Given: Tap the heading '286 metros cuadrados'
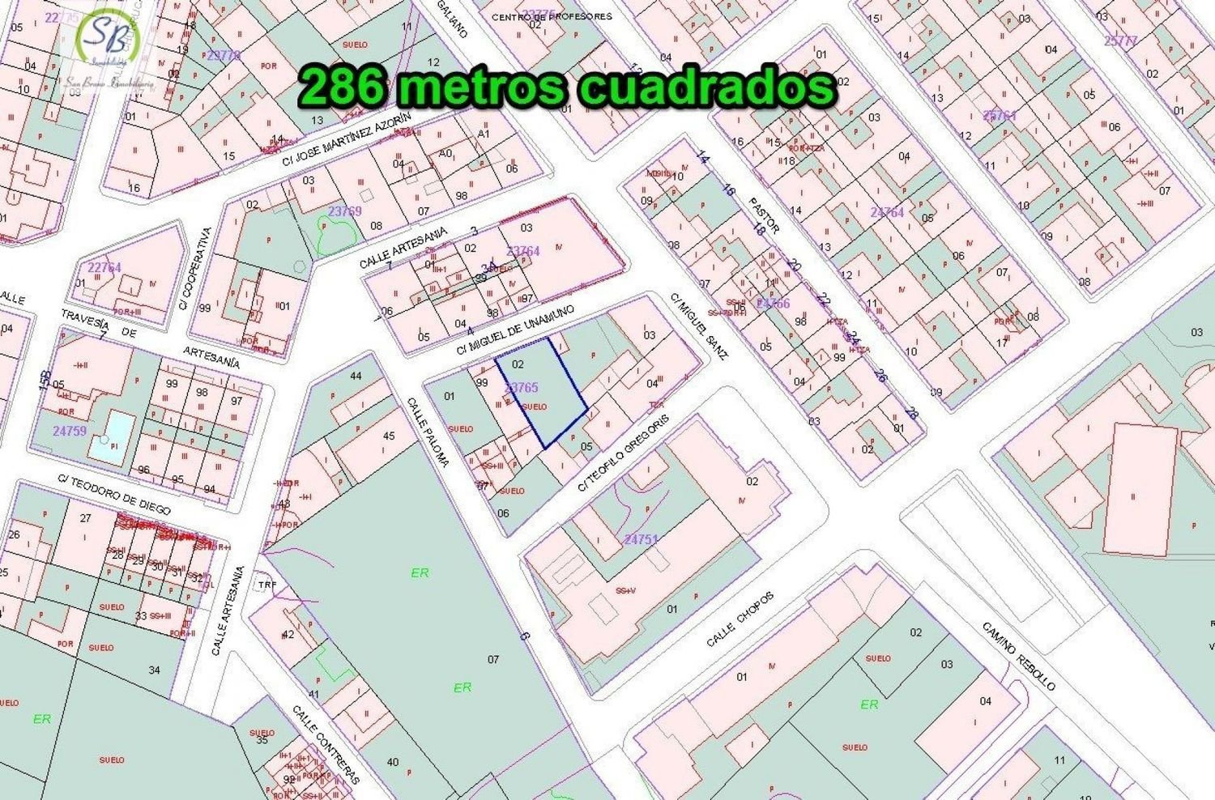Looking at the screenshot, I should coord(567,87).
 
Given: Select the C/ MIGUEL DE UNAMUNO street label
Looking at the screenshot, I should coord(515,330).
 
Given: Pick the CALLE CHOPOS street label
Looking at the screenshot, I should coord(740,619).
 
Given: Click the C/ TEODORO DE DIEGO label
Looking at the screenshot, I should coord(113,493).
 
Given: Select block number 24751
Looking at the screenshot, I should coord(642,539).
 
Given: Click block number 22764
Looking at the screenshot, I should coord(104,268).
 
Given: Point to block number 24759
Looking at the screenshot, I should coord(70,431).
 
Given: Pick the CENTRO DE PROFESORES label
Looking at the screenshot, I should coord(552,16).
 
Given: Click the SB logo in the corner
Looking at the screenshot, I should coord(109,40).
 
